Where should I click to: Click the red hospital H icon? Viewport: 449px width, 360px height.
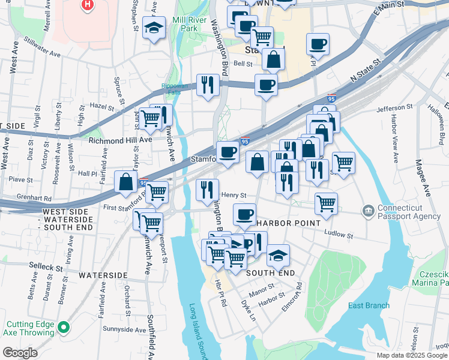(88, 5)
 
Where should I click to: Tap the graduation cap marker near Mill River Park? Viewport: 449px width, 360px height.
(154, 28)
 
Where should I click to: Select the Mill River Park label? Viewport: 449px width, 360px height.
(185, 24)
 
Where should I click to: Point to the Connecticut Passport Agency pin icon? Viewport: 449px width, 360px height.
(368, 211)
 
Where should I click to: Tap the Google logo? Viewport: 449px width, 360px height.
(20, 353)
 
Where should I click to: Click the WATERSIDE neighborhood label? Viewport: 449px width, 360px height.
(103, 275)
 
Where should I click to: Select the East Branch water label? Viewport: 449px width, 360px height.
(369, 305)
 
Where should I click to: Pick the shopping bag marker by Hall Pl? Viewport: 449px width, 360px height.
(126, 181)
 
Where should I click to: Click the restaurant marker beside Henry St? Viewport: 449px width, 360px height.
(206, 190)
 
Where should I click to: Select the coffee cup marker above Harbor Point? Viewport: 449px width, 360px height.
(244, 214)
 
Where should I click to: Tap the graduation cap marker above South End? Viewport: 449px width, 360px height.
(277, 255)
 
